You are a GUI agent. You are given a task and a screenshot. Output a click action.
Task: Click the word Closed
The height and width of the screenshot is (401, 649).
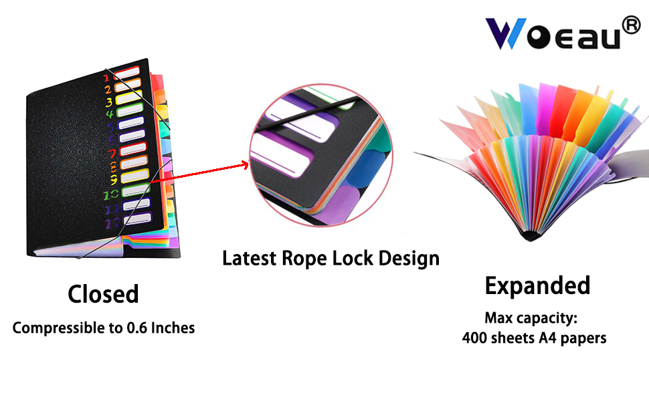(103, 294)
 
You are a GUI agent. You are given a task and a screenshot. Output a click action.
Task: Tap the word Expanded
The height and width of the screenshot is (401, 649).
(537, 286)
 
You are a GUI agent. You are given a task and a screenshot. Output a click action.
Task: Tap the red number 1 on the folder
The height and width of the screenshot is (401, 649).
(106, 78)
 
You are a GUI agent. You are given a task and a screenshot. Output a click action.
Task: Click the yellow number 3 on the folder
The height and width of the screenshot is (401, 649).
(108, 102)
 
